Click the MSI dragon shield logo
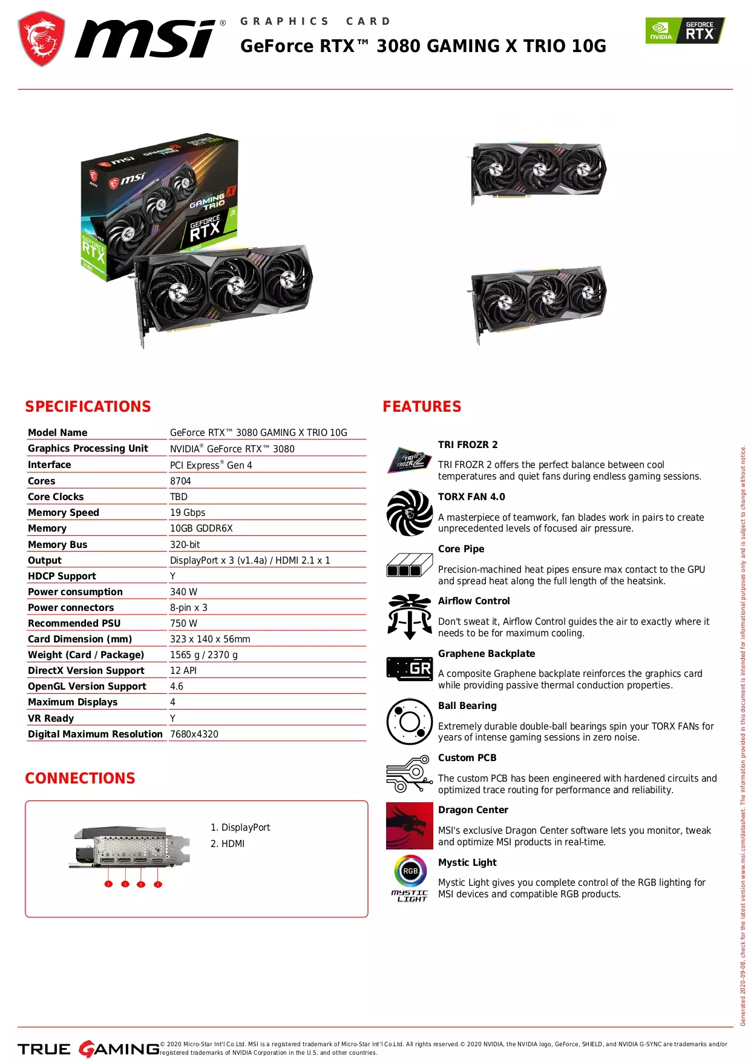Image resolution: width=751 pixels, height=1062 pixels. [x=41, y=39]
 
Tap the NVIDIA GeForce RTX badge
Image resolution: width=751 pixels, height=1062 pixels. [x=684, y=31]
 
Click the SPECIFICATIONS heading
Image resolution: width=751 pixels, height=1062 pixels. [x=88, y=406]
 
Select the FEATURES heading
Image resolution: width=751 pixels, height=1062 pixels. [x=422, y=406]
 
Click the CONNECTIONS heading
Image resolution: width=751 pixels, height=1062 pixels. [x=80, y=778]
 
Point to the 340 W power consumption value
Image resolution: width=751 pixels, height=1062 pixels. [x=183, y=592]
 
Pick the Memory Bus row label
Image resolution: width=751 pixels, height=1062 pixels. [x=57, y=544]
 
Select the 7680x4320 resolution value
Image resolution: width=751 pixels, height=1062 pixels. [x=194, y=734]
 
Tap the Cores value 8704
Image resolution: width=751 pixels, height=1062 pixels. [x=180, y=481]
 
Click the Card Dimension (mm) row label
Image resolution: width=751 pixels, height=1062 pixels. [x=80, y=639]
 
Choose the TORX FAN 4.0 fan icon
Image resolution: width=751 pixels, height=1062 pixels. [x=410, y=513]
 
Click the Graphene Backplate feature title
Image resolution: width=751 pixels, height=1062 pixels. [x=487, y=653]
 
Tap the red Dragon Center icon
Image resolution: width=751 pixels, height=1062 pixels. [x=410, y=826]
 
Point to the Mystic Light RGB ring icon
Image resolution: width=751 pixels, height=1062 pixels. [x=410, y=871]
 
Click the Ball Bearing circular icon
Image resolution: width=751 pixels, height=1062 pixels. [x=410, y=722]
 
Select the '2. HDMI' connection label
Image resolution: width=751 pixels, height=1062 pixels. [x=228, y=843]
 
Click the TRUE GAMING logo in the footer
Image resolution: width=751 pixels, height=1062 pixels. [x=88, y=1049]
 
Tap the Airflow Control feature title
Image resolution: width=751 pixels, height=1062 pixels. [x=474, y=601]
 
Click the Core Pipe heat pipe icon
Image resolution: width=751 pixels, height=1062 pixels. [x=410, y=565]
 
